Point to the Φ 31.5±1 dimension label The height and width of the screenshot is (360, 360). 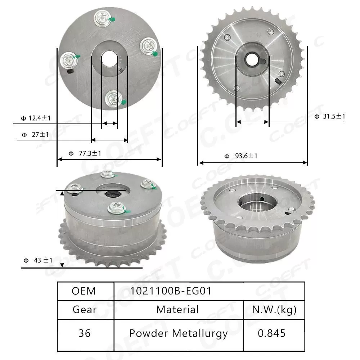(x=329, y=116)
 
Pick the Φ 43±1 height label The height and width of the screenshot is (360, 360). (x=38, y=260)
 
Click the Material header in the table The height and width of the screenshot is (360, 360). (x=177, y=310)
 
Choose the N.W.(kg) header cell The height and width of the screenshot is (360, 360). (x=274, y=310)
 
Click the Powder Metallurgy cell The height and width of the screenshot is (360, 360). (x=179, y=333)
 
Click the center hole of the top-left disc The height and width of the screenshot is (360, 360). (x=109, y=59)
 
